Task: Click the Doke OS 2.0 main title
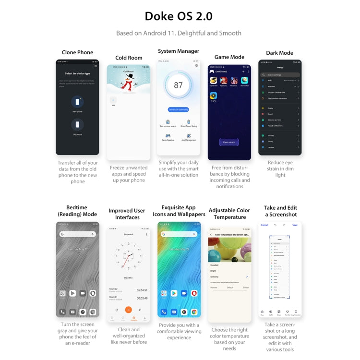click(x=179, y=16)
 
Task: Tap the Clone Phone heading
click(x=77, y=52)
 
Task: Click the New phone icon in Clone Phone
click(x=77, y=102)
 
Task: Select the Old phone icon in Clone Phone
click(x=77, y=125)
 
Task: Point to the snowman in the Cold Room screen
click(x=127, y=84)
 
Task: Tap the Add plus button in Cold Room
click(x=113, y=100)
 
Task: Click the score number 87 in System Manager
click(x=179, y=85)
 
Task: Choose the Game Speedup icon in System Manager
click(x=168, y=136)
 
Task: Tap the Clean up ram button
click(x=229, y=142)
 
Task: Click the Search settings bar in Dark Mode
click(x=280, y=75)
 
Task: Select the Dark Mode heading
click(x=279, y=53)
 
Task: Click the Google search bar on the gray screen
click(x=77, y=234)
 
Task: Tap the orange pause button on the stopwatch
click(x=129, y=310)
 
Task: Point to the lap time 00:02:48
click(x=142, y=299)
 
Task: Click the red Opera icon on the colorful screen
click(x=194, y=293)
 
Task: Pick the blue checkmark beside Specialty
click(x=247, y=277)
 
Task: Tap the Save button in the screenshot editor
click(x=295, y=225)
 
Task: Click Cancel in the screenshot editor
click(x=264, y=225)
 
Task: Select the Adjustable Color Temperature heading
click(x=229, y=214)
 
